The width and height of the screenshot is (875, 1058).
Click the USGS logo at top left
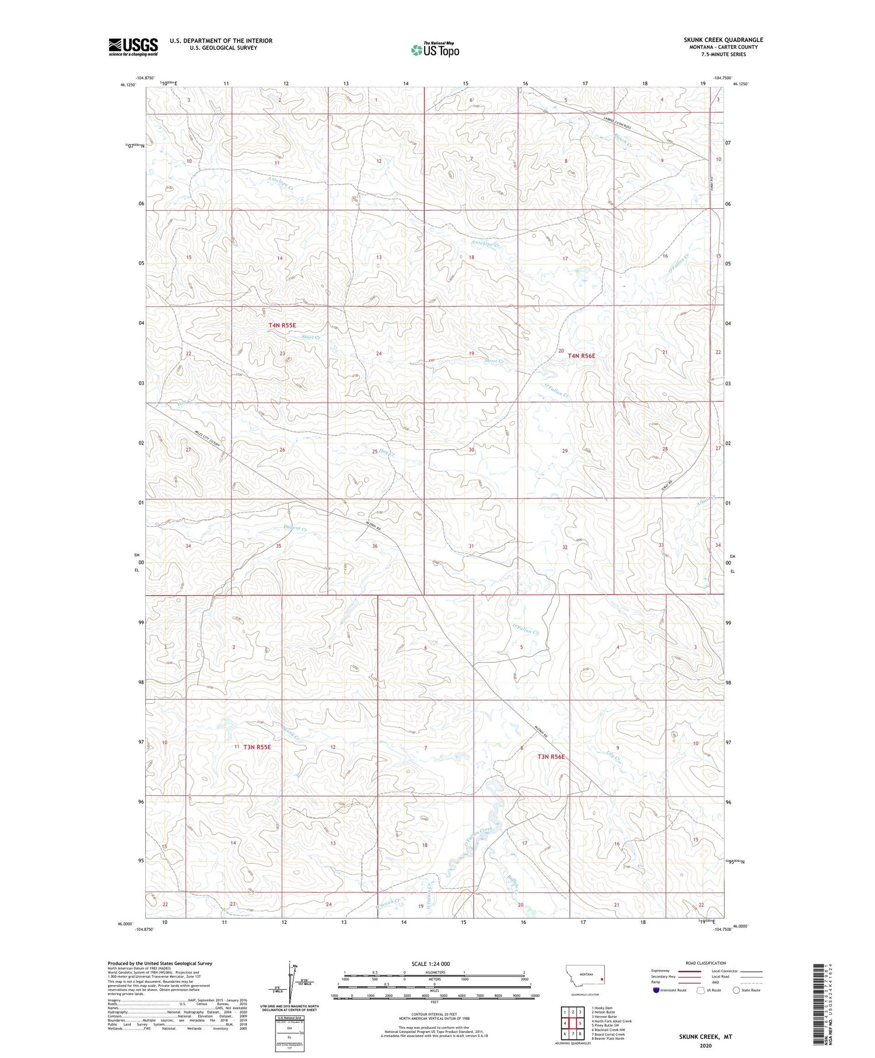(133, 47)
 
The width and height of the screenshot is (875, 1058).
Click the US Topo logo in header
(435, 50)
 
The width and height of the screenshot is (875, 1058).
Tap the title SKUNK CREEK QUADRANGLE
(723, 40)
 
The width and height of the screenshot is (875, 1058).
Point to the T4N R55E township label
(282, 325)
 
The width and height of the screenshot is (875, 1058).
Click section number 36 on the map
(375, 546)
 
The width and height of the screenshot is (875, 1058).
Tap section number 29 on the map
(564, 451)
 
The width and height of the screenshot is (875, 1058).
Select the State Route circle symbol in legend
(737, 990)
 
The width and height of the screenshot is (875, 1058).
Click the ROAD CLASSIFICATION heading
(706, 963)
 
